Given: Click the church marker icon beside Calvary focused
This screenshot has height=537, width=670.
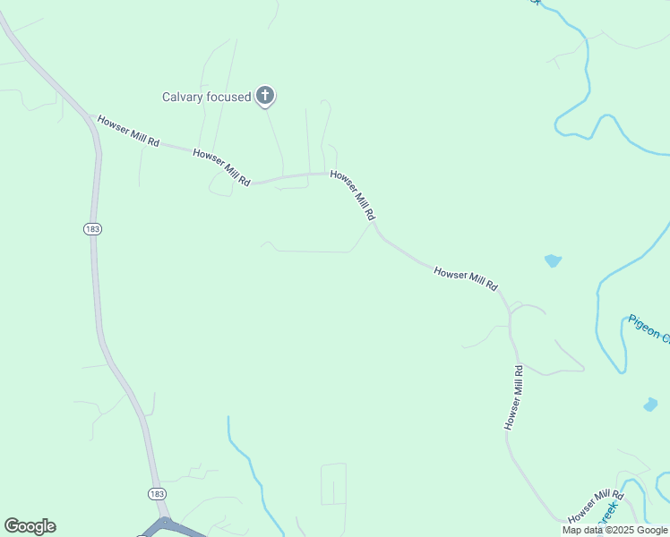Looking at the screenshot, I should coord(264,95).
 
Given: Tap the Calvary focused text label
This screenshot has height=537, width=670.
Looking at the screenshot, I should coord(206,97).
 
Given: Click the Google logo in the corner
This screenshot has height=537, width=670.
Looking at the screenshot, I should coord(30,526).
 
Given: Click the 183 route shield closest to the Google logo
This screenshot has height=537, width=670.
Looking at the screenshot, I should coord(156,493).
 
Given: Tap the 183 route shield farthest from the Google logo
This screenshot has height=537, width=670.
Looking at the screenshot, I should coord(93,229).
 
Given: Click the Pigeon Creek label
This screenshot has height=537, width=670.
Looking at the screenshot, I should coord(649,328).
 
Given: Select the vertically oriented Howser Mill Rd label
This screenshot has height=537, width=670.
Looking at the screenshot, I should coord(513,397).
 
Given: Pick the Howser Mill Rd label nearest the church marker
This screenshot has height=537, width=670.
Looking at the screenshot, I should coord(221,167).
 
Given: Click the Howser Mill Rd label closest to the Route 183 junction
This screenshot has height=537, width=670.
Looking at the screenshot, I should coord(128,131).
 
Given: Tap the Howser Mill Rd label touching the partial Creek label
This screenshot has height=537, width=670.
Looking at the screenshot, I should coord(595,507).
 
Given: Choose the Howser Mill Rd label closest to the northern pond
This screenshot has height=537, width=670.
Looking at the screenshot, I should coord(465,277).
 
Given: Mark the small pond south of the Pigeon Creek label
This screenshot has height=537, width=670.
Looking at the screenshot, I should coord(650,405).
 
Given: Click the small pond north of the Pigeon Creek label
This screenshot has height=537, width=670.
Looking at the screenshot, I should coord(553,261).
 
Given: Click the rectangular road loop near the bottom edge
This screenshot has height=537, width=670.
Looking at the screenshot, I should coord(333,483).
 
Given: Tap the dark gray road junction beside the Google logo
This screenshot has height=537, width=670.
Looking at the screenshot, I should coord(165,524).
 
